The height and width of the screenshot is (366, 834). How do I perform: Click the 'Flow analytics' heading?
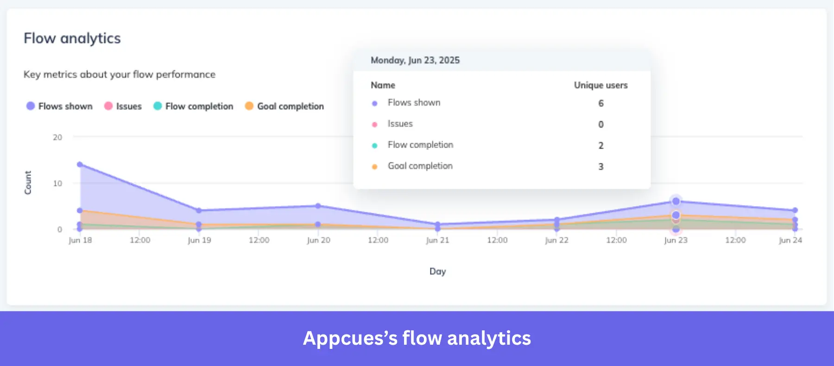[x=72, y=38]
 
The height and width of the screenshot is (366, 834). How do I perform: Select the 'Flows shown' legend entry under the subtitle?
[x=60, y=106]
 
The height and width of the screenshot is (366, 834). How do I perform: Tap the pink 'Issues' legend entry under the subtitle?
[x=123, y=106]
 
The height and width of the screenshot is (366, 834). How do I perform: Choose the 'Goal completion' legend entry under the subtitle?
[x=284, y=106]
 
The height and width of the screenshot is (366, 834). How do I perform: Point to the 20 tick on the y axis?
[x=57, y=137]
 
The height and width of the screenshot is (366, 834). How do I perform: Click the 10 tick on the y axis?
[x=57, y=184]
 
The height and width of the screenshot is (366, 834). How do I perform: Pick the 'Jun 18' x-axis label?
[x=80, y=240]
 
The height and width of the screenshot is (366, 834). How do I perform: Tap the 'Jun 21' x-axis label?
[x=437, y=240]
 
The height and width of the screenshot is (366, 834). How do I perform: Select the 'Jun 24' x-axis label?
[x=790, y=240]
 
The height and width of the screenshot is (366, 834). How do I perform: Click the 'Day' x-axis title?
[x=437, y=272]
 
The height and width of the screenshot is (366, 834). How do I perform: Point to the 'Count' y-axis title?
[x=28, y=183]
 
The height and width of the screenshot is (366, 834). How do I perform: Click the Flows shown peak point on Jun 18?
[x=80, y=164]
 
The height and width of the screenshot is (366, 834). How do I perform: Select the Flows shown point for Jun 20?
[x=318, y=206]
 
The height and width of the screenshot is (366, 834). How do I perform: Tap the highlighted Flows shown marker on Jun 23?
[x=676, y=201]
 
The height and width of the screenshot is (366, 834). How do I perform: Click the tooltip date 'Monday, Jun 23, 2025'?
[x=415, y=61]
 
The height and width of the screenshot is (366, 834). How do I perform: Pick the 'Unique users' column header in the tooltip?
[x=600, y=86]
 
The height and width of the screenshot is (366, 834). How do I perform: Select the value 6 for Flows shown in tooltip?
[x=601, y=104]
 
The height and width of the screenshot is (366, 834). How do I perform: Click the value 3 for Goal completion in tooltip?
[x=601, y=167]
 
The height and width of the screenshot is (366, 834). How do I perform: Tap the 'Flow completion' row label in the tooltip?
[x=420, y=145]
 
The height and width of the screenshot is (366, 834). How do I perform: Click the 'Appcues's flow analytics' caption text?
[x=417, y=338]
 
